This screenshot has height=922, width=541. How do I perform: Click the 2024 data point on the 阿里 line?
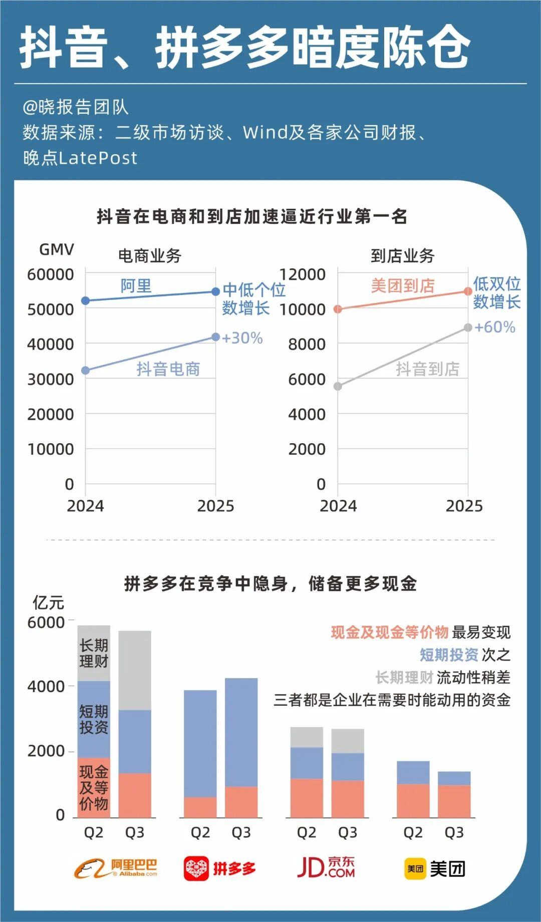(86, 300)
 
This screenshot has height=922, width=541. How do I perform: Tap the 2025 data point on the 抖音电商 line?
(215, 337)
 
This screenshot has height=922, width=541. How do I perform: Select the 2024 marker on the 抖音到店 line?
(338, 386)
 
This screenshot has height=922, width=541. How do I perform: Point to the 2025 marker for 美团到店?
(468, 291)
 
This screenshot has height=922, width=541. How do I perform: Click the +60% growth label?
(494, 327)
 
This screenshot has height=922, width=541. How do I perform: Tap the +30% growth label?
(242, 338)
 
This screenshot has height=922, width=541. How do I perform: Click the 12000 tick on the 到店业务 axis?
(302, 274)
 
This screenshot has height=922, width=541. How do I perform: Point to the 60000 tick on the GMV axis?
(50, 274)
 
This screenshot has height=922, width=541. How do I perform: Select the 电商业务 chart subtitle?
(149, 256)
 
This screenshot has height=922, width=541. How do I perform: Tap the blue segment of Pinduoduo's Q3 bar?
(241, 732)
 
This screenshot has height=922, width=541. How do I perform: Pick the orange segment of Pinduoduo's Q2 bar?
(200, 807)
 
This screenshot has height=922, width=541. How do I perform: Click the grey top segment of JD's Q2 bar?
(307, 737)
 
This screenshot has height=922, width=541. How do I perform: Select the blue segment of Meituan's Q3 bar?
(454, 778)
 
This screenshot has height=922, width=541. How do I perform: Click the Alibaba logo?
(116, 868)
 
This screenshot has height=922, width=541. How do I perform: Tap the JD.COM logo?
(326, 867)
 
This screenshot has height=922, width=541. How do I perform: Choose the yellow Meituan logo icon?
(415, 869)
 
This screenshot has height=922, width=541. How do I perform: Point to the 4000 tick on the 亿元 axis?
(46, 686)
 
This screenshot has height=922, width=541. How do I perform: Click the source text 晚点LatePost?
(80, 158)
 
